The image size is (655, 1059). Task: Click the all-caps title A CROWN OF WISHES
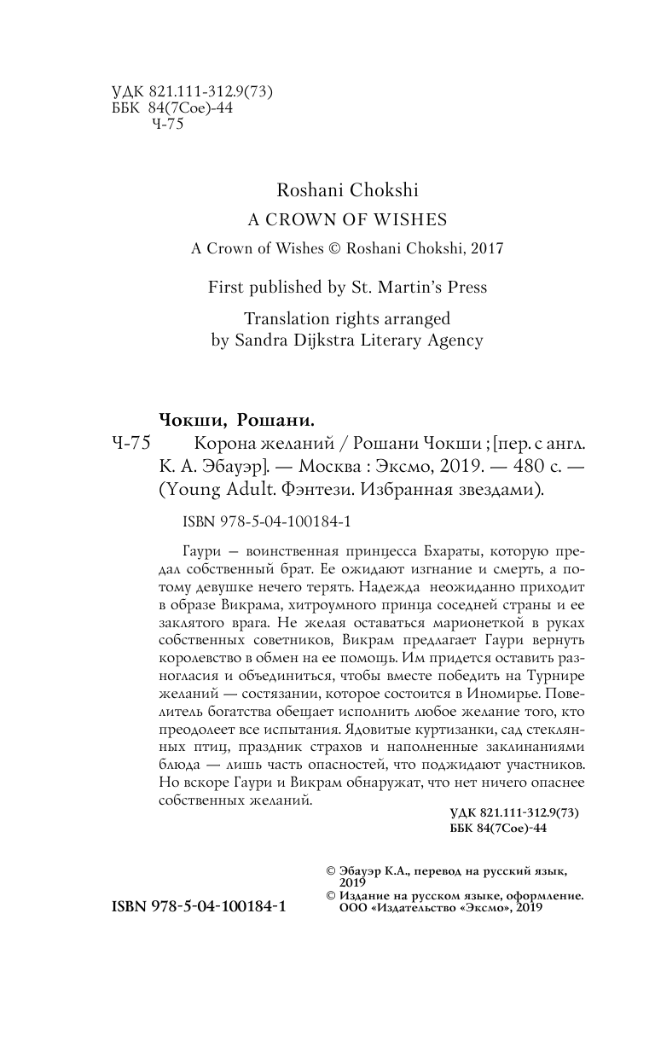347,220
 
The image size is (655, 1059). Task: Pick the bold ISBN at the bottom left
199,907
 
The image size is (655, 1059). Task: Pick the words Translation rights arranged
346,318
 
